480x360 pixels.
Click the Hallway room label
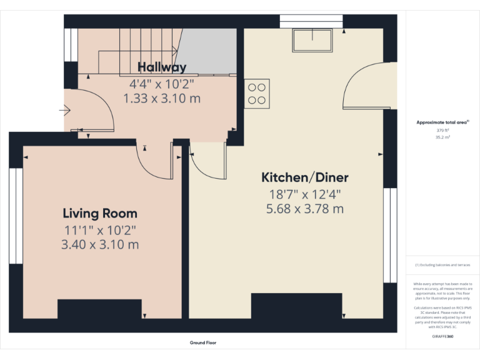point(162,67)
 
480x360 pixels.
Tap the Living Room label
point(100,214)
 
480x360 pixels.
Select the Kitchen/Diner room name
point(304,177)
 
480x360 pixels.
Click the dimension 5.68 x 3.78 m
point(304,209)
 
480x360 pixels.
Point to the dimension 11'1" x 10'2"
point(100,229)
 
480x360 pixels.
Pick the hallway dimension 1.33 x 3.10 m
point(162,98)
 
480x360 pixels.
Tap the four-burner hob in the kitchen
point(257,93)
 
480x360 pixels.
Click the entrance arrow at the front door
point(65,111)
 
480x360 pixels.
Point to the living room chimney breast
point(99,309)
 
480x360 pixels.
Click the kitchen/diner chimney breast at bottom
point(297,306)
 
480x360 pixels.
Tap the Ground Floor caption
point(203,342)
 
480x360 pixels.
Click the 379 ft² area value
point(442,131)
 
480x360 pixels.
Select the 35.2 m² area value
point(442,137)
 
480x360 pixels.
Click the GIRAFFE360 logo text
point(442,337)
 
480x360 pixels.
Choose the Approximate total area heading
point(442,122)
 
